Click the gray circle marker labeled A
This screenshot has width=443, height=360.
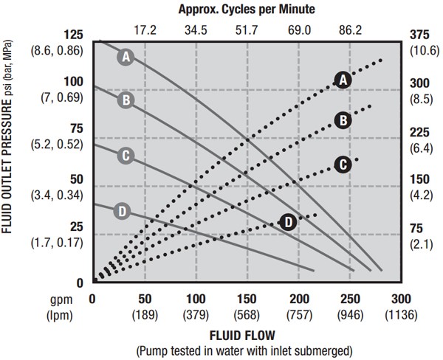[126, 56]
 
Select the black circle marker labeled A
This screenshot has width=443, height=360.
[341, 80]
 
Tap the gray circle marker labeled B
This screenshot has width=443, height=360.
[126, 100]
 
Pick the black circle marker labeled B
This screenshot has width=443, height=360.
[341, 120]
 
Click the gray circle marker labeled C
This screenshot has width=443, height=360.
[126, 155]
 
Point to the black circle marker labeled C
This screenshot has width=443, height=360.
[341, 165]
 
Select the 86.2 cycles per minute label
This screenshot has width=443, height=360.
[350, 30]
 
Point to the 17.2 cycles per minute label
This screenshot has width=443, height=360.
[145, 30]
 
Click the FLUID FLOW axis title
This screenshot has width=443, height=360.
[247, 334]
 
